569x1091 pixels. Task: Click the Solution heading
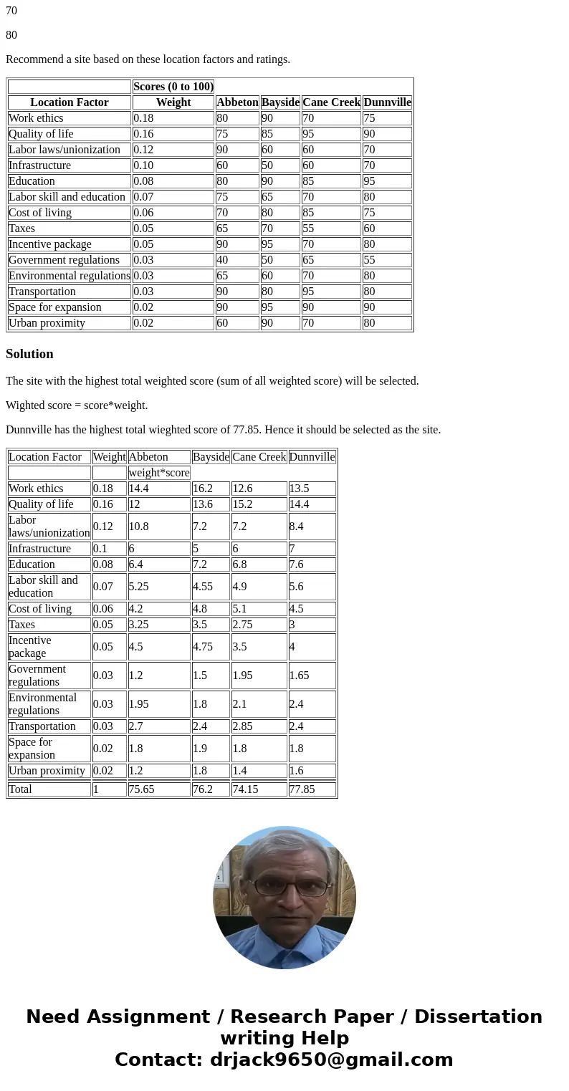point(29,354)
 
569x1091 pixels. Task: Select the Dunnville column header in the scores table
point(387,102)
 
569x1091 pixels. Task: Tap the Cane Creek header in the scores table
point(331,102)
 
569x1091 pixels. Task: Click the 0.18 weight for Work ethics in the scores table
point(143,118)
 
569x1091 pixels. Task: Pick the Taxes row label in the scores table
point(22,229)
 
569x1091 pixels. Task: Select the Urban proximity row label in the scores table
point(47,323)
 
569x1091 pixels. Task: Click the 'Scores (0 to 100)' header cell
point(173,87)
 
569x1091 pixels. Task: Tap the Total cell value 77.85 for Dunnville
point(302,789)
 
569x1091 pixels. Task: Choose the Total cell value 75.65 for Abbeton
point(142,789)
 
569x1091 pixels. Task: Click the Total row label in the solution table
point(20,789)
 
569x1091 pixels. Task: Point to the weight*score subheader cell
point(159,473)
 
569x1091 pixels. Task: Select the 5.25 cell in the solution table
point(140,586)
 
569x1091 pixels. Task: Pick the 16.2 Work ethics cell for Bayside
point(202,489)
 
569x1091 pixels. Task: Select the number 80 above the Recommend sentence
point(11,35)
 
